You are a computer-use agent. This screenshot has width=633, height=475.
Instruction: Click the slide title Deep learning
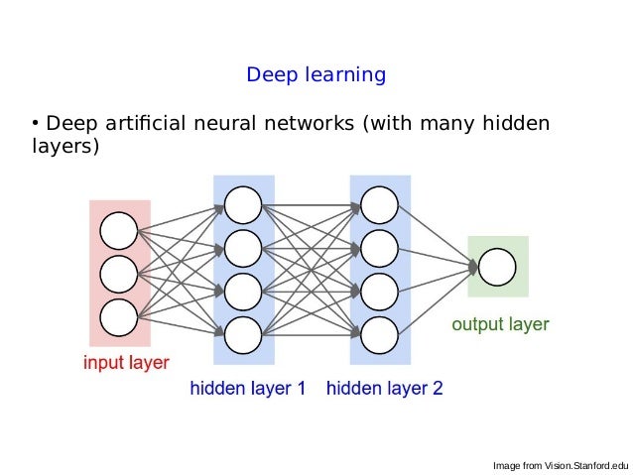pos(316,75)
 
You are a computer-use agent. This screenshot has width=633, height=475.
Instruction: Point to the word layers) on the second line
pos(65,147)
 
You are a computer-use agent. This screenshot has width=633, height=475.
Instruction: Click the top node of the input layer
pos(119,230)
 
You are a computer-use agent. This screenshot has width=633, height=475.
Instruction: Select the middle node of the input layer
pos(119,274)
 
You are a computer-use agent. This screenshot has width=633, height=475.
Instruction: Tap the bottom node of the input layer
pos(119,317)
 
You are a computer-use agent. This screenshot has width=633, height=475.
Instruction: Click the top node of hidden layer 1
pos(243,204)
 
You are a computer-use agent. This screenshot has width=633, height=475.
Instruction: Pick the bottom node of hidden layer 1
pos(243,334)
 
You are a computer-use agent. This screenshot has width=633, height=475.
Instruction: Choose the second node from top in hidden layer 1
pos(243,248)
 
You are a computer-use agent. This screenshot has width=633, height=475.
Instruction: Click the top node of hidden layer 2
pos(379,204)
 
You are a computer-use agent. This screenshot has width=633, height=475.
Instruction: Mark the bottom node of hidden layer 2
pos(379,334)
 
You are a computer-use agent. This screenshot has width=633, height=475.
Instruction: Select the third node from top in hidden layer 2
pos(379,291)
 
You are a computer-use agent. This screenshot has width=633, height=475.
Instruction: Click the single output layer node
pos(497,266)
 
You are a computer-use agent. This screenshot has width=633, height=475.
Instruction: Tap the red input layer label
pos(125,362)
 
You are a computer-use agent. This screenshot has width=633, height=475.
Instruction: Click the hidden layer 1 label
pos(248,389)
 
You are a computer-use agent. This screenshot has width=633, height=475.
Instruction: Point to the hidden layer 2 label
pos(384,389)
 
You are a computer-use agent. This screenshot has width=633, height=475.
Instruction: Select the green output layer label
pos(500,324)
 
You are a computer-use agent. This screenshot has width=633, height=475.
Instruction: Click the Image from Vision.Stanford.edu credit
pos(561,465)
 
